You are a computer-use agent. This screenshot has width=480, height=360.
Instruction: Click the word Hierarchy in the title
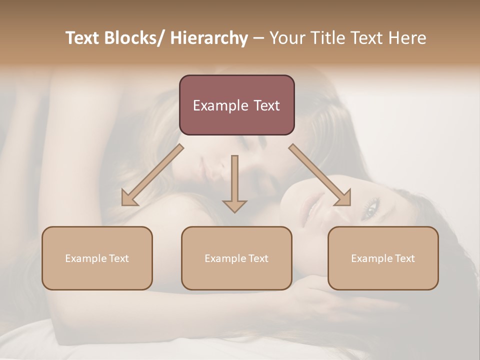(x=209, y=38)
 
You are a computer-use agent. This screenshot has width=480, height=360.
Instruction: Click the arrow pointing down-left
(x=152, y=175)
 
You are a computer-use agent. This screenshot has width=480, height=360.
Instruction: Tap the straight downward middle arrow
(x=234, y=180)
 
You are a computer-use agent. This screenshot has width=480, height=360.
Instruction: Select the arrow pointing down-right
(x=320, y=175)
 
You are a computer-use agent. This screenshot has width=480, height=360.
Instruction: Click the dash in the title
(x=258, y=38)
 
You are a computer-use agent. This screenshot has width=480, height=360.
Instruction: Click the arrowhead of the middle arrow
(x=234, y=205)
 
